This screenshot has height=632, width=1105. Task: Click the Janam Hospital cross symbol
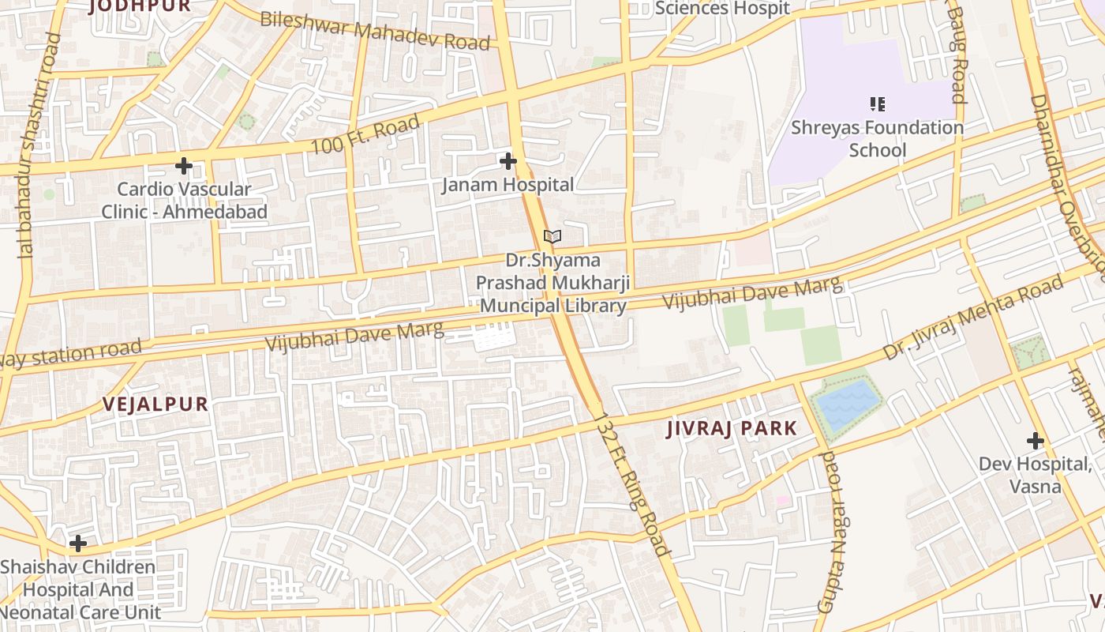coord(508,161)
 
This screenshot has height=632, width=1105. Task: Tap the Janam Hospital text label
coord(508,186)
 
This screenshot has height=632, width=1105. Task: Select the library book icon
coord(552,236)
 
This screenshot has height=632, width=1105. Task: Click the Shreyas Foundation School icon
coord(877,103)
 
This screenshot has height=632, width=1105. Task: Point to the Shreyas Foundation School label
coord(877,138)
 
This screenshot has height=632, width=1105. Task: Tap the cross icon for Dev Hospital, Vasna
coord(1035,440)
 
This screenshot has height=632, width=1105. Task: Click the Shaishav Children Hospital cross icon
coord(77,543)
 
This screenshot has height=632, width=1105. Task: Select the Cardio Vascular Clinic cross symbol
coord(184,166)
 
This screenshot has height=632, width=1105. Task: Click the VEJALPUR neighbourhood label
coord(155,404)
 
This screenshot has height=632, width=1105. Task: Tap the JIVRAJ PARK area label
coord(732,429)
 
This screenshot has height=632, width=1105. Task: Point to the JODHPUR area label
coord(140,6)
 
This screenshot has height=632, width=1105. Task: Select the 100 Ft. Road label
coord(365,136)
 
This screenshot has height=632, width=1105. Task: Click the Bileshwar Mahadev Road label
coord(375,31)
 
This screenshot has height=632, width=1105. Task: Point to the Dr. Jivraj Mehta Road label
coord(972,318)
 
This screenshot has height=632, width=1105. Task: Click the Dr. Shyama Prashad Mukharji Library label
coord(552,283)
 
